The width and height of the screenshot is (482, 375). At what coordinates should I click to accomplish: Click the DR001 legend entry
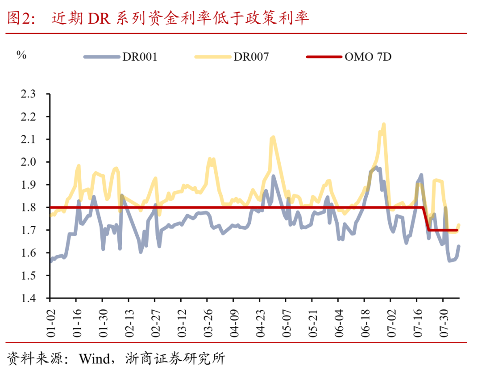[x=120, y=57]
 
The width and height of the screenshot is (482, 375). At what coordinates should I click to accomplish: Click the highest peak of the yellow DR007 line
[x=383, y=124]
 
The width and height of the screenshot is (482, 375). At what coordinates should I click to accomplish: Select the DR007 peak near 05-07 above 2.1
[x=273, y=138]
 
